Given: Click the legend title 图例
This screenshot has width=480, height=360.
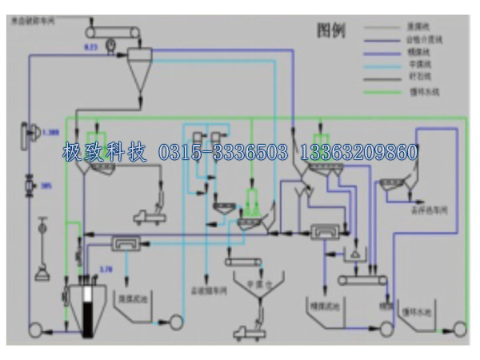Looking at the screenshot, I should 330,30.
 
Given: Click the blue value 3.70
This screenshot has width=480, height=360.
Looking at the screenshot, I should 106,268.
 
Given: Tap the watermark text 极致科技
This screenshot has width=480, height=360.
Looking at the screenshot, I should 104,151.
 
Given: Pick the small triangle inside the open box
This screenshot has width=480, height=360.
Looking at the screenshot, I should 351,253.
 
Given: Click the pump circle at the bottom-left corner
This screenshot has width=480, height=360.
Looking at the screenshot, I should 36,329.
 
